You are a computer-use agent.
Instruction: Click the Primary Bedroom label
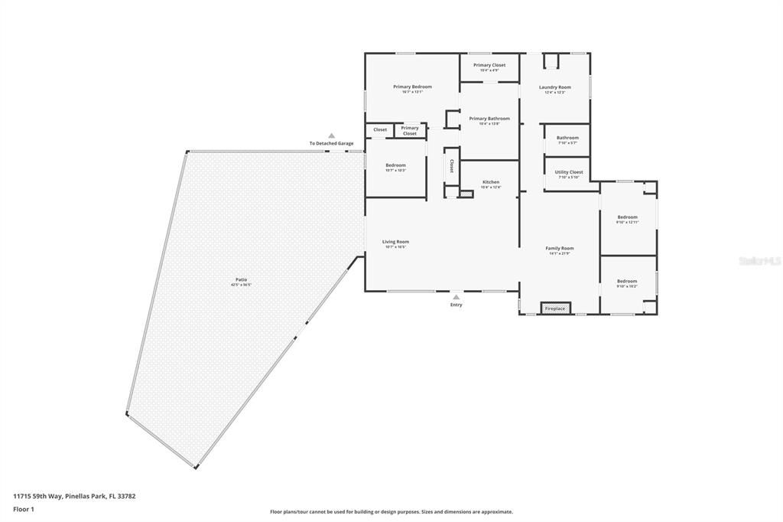tap(412, 87)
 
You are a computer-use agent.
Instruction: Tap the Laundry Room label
tap(554, 87)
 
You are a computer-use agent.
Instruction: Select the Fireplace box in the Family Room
tap(555, 308)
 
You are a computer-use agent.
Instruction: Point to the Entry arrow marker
tap(456, 297)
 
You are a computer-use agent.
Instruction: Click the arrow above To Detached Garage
tap(331, 135)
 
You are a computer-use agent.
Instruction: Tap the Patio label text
tap(241, 279)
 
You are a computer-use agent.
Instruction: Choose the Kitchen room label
tap(490, 182)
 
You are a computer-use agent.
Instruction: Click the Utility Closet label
tap(569, 172)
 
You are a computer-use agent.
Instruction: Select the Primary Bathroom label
tap(489, 119)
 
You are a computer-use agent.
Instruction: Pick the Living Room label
tap(395, 242)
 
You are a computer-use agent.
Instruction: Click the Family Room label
tap(559, 248)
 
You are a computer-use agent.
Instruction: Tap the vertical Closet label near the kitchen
tap(451, 165)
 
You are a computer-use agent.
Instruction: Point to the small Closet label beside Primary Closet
tap(380, 130)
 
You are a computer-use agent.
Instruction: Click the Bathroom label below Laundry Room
tap(567, 138)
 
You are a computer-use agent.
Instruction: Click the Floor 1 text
tap(24, 508)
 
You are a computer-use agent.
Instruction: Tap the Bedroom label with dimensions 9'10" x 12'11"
tap(627, 217)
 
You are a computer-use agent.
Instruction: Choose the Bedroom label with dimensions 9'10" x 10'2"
tap(627, 281)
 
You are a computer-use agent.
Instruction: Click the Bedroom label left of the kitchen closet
tap(395, 165)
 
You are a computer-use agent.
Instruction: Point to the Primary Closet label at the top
tap(489, 66)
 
